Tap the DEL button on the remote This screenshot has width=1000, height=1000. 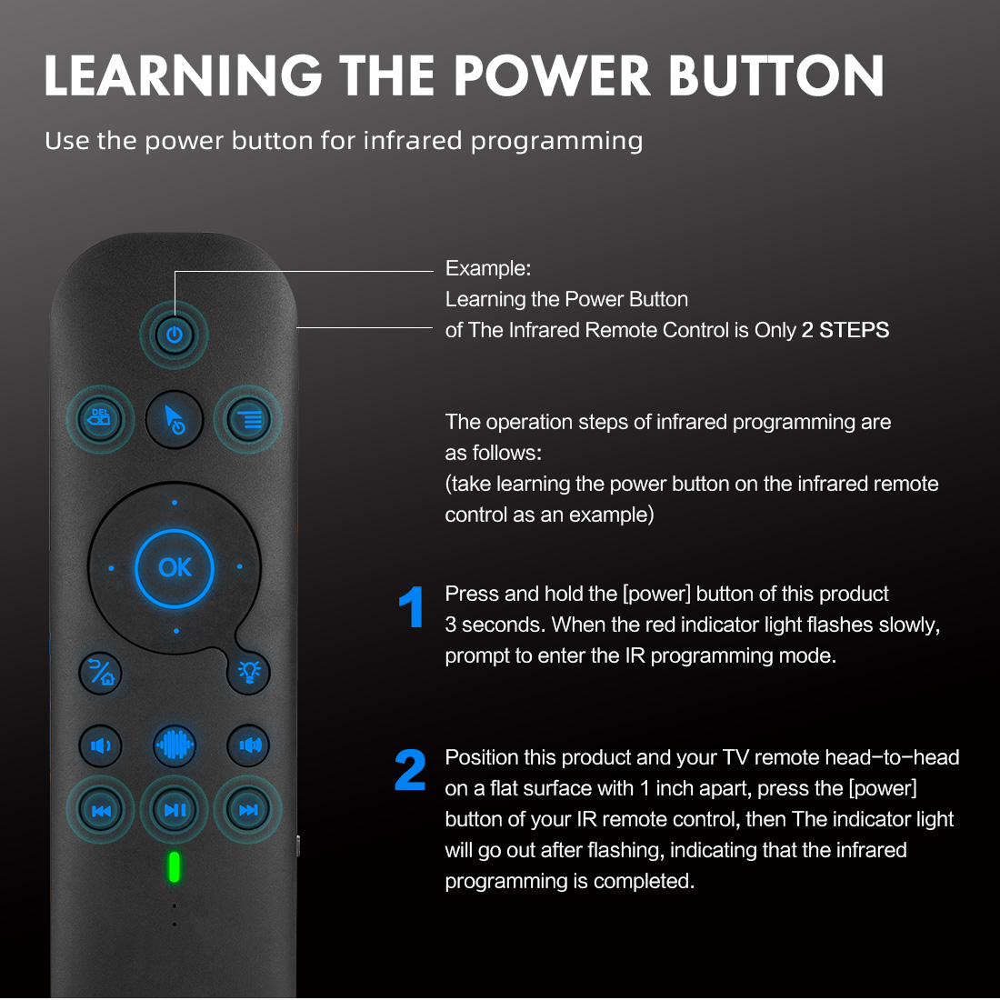100,419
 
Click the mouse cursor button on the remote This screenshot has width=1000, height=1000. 175,419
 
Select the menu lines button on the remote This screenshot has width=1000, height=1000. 248,419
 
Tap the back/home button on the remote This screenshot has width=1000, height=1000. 100,673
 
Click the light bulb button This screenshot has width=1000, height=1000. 248,673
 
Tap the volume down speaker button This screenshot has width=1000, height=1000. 100,745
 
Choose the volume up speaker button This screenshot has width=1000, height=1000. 248,745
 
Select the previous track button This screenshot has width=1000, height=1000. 100,810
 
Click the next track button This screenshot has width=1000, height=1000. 248,810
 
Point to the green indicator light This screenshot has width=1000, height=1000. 174,867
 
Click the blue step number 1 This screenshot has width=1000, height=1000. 412,607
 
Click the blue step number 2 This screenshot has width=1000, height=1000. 410,771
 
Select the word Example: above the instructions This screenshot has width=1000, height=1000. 487,269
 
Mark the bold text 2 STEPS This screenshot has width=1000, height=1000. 845,330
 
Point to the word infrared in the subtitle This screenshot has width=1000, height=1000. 411,141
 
